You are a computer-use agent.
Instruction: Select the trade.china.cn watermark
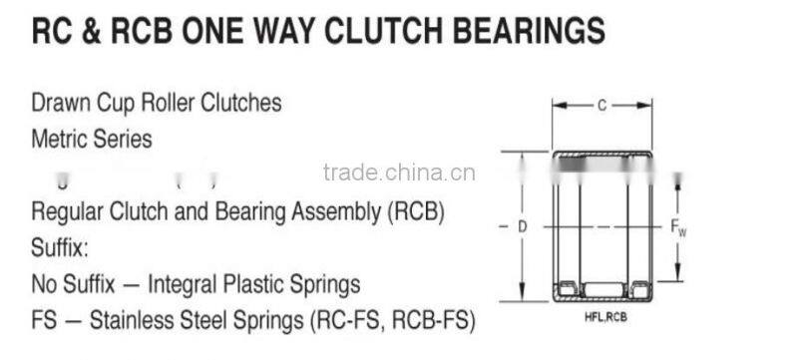click(399, 173)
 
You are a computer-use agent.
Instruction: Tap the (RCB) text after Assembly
click(410, 212)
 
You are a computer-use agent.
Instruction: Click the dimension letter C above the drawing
click(601, 105)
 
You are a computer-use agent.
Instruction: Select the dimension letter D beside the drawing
click(521, 227)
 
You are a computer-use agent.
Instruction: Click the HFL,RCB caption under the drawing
click(604, 316)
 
